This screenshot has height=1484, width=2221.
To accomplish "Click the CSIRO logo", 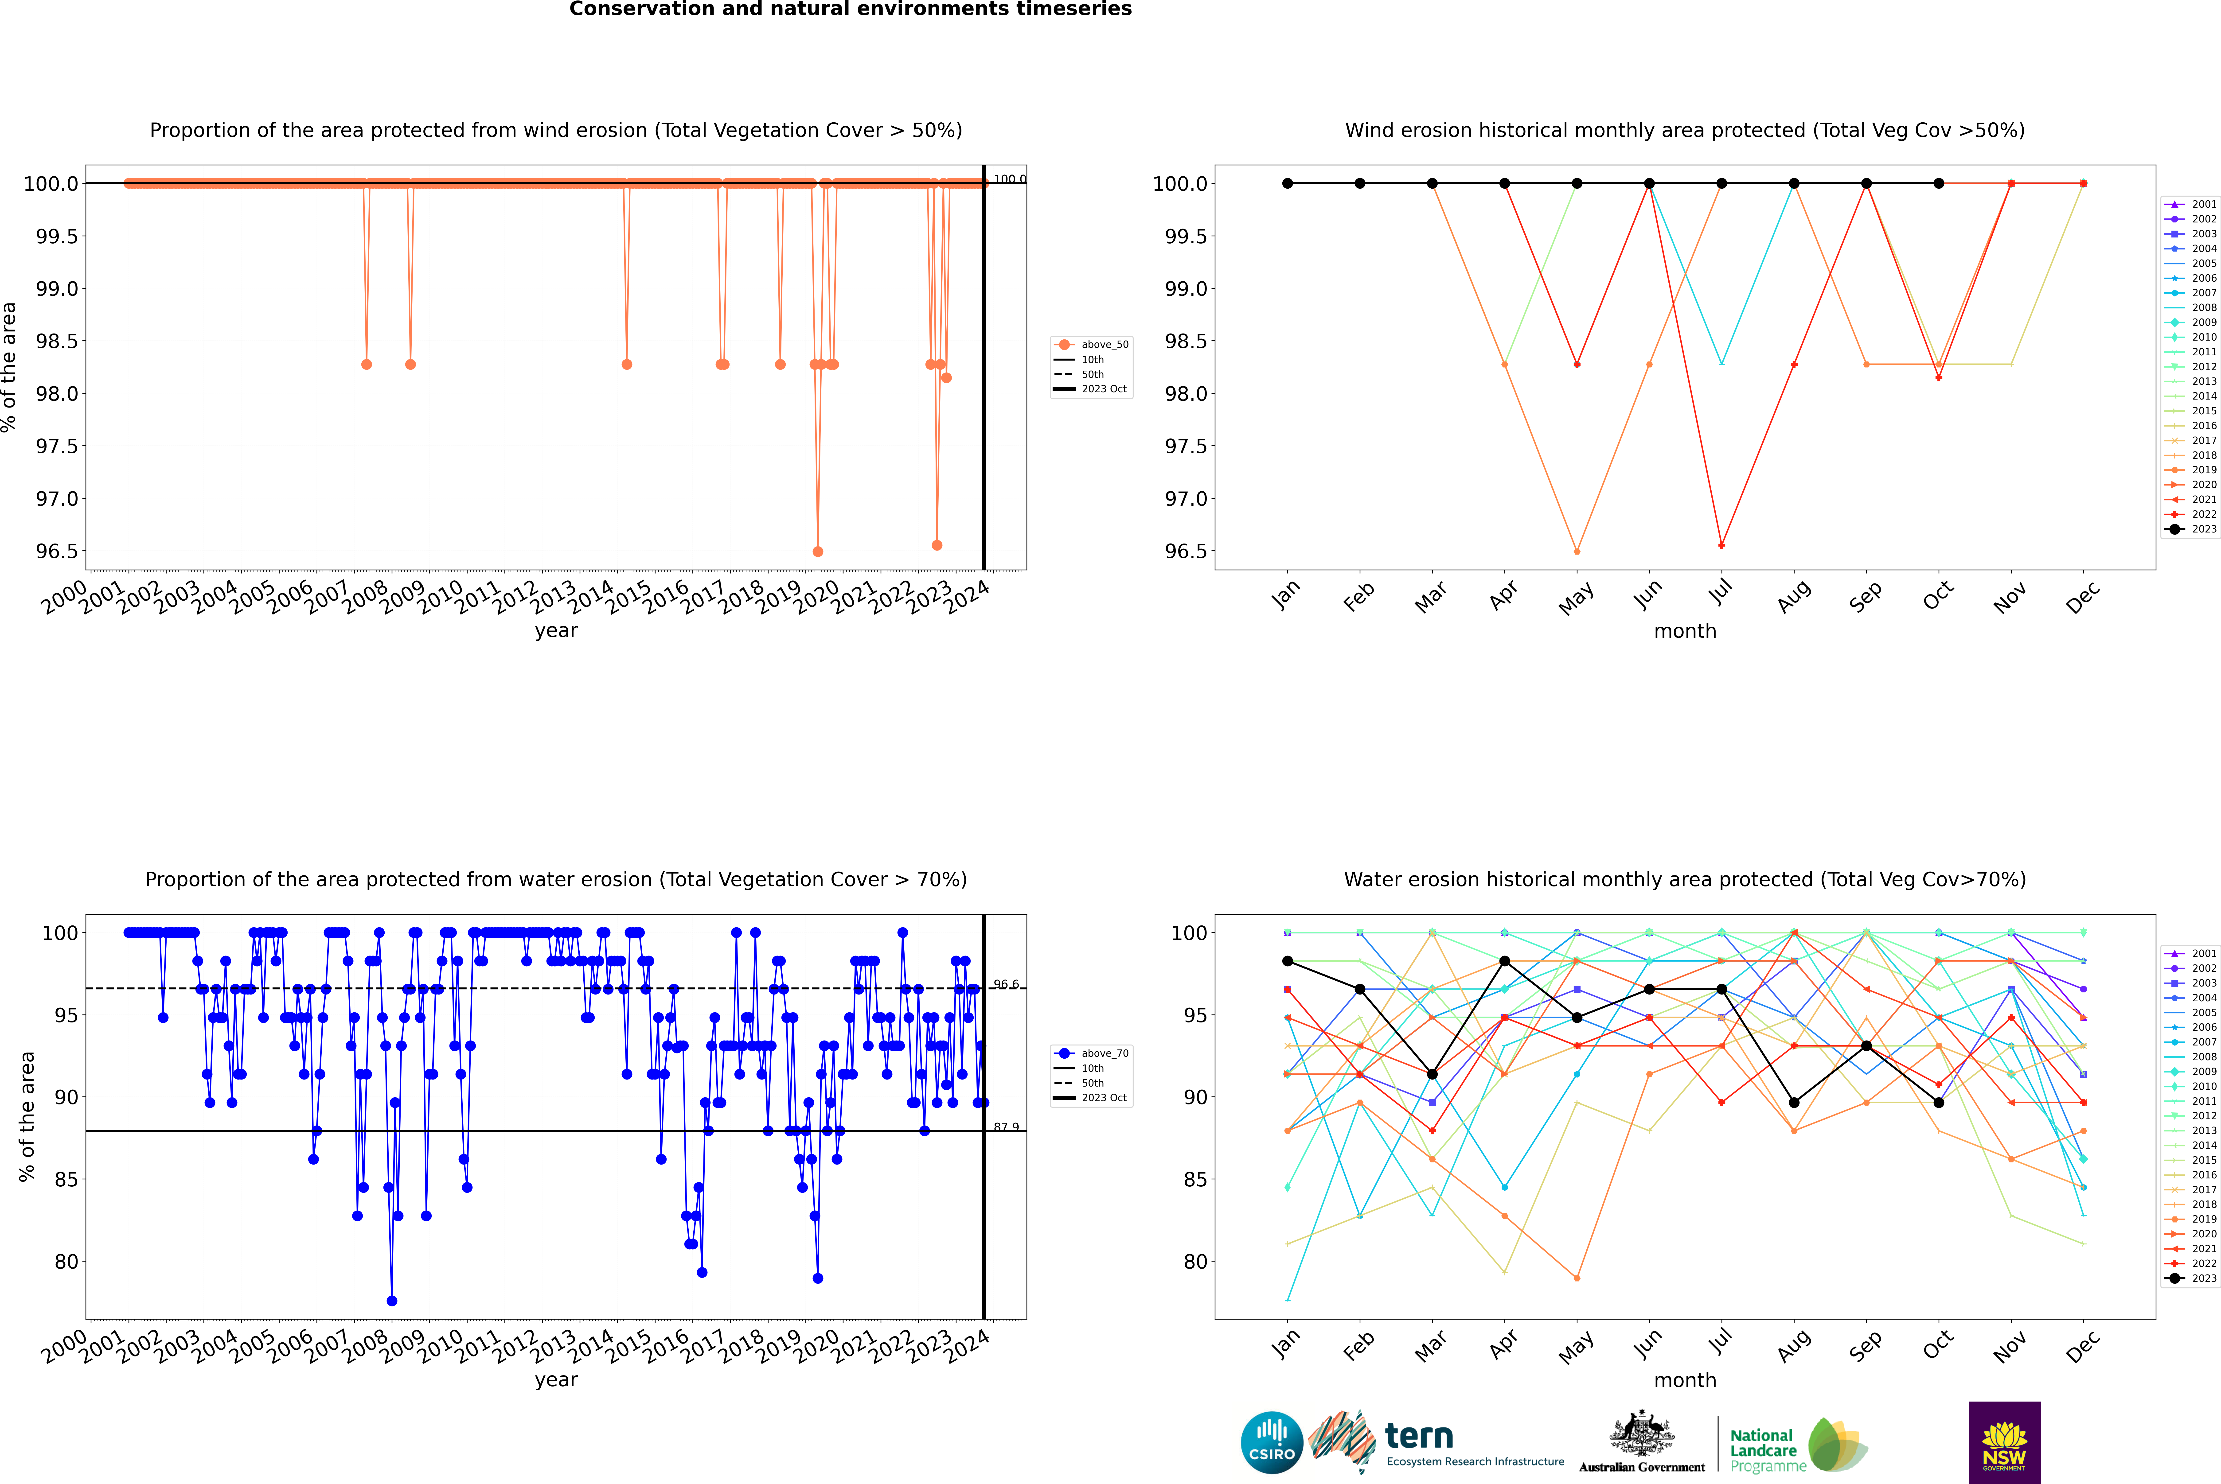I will click(x=1272, y=1442).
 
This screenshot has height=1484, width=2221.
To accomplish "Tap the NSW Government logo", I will click(x=2004, y=1442).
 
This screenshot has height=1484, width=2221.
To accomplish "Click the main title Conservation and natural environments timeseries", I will click(x=850, y=9).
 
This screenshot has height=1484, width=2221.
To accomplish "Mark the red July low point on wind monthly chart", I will click(x=1721, y=545).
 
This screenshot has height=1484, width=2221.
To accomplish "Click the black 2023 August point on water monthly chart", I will click(x=1794, y=1103).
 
